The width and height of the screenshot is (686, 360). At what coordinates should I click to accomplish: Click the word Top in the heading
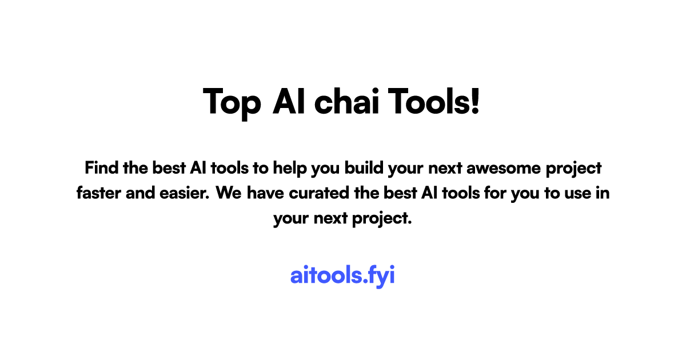[x=232, y=102]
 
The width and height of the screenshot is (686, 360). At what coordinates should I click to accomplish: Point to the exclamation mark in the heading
[x=474, y=101]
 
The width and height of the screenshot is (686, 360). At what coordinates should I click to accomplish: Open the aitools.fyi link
[x=342, y=275]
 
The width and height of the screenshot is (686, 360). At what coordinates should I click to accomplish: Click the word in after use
[x=603, y=193]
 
